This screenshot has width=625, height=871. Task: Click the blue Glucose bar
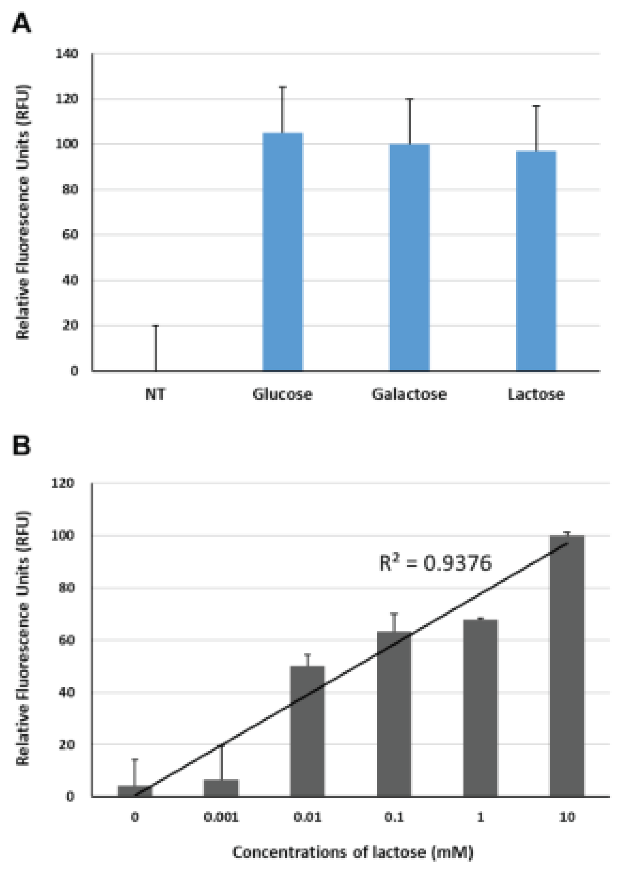coord(283,252)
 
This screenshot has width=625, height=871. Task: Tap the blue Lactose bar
coord(536,261)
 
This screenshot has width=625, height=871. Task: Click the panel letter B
coord(22,446)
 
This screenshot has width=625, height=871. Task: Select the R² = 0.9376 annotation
coord(435,563)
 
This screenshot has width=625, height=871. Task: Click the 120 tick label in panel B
coord(63,483)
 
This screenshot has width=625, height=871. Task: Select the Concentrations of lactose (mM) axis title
coord(353,852)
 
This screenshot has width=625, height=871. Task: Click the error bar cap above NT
coord(156,326)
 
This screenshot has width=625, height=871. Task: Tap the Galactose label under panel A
coord(409,394)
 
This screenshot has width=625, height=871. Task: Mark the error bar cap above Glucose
coord(283,88)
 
